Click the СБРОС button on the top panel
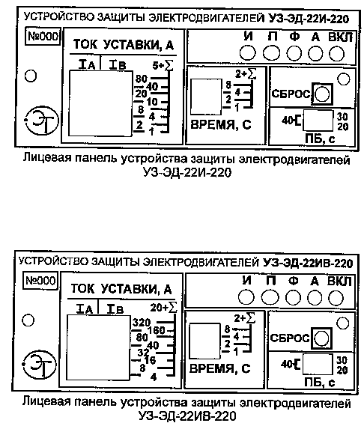click(x=322, y=94)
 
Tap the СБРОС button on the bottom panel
click(x=321, y=338)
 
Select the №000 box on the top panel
click(x=43, y=36)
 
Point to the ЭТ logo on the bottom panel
click(x=40, y=365)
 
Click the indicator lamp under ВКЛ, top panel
click(x=337, y=53)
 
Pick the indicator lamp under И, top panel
click(x=247, y=52)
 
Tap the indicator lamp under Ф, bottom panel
click(x=294, y=298)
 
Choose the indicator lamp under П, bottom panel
click(x=270, y=297)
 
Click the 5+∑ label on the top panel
click(x=163, y=65)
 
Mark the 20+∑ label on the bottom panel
click(x=164, y=307)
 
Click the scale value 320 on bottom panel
click(x=142, y=323)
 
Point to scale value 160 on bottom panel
click(x=157, y=330)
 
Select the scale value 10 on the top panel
click(x=152, y=102)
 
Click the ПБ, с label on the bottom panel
click(x=320, y=383)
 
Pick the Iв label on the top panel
click(x=118, y=65)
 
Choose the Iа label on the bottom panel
click(x=85, y=309)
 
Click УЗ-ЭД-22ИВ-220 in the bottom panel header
click(x=308, y=263)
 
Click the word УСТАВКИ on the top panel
click(x=131, y=45)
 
